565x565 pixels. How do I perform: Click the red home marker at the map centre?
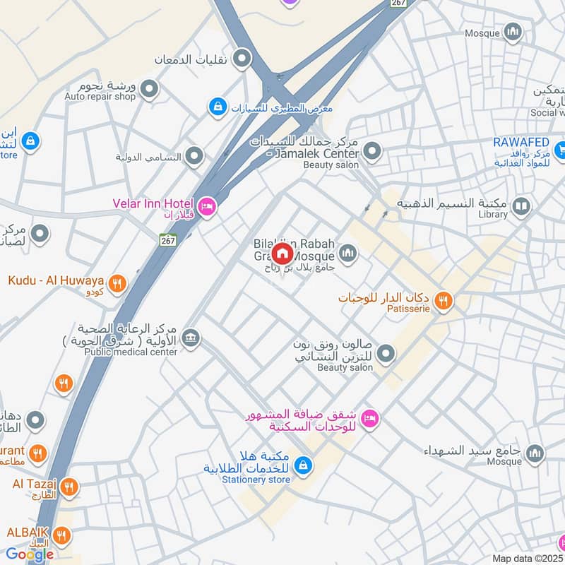tap(282, 252)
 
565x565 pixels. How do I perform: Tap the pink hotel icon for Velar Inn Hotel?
tap(206, 206)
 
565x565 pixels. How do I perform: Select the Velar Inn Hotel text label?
tap(153, 203)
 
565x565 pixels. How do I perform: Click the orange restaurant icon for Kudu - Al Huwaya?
tap(118, 282)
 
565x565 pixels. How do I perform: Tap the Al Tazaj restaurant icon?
tap(69, 487)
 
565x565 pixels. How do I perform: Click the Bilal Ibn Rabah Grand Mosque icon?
tap(348, 252)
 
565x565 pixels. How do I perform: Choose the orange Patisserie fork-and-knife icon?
tap(443, 302)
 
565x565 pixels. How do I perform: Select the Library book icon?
tap(521, 206)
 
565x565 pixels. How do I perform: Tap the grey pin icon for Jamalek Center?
tap(372, 151)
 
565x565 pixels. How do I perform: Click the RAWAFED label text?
tap(521, 142)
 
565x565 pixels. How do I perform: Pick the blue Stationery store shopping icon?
tap(303, 465)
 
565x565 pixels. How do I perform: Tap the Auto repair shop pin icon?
tap(149, 89)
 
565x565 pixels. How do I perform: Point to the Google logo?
tap(30, 554)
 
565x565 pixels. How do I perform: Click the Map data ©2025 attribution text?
tap(527, 558)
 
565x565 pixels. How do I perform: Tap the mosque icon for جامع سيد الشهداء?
tap(535, 453)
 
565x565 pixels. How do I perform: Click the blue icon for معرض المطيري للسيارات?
tap(218, 107)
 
